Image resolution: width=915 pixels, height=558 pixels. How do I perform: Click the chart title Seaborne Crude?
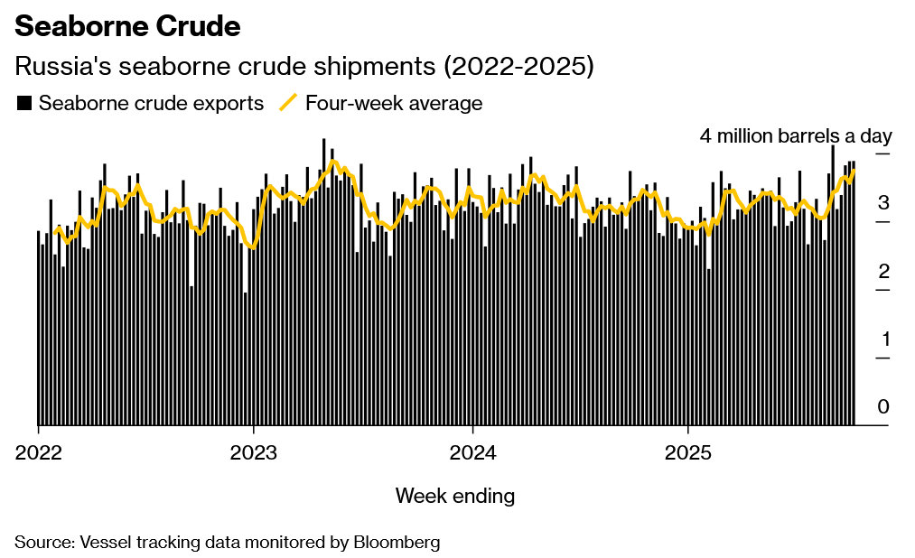pyautogui.click(x=127, y=27)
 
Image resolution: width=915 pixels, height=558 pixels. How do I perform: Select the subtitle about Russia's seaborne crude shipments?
pyautogui.click(x=303, y=67)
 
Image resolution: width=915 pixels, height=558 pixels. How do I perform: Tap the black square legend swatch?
pyautogui.click(x=24, y=103)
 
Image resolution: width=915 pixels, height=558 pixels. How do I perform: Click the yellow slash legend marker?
pyautogui.click(x=288, y=102)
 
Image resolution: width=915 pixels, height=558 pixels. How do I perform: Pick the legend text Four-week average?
pyautogui.click(x=394, y=103)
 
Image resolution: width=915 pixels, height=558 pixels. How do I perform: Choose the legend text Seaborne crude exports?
pyautogui.click(x=151, y=103)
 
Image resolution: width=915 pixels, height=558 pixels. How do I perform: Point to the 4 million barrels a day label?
pyautogui.click(x=795, y=136)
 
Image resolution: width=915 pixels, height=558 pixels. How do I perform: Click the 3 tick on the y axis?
pyautogui.click(x=883, y=202)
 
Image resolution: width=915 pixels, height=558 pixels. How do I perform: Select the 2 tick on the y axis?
pyautogui.click(x=883, y=271)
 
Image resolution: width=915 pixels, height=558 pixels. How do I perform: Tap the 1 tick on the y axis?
pyautogui.click(x=883, y=339)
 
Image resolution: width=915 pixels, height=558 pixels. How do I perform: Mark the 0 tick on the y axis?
pyautogui.click(x=883, y=406)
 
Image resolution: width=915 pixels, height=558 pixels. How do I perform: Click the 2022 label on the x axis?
pyautogui.click(x=38, y=451)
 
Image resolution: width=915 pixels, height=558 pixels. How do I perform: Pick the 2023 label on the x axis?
pyautogui.click(x=254, y=451)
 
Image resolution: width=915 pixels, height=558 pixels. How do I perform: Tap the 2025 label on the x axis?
pyautogui.click(x=688, y=451)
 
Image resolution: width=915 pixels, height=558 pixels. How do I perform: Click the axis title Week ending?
pyautogui.click(x=455, y=496)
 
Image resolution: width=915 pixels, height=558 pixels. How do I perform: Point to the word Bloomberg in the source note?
pyautogui.click(x=397, y=542)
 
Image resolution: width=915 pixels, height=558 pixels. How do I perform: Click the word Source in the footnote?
pyautogui.click(x=42, y=542)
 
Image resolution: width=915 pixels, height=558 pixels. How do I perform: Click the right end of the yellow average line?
pyautogui.click(x=854, y=171)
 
